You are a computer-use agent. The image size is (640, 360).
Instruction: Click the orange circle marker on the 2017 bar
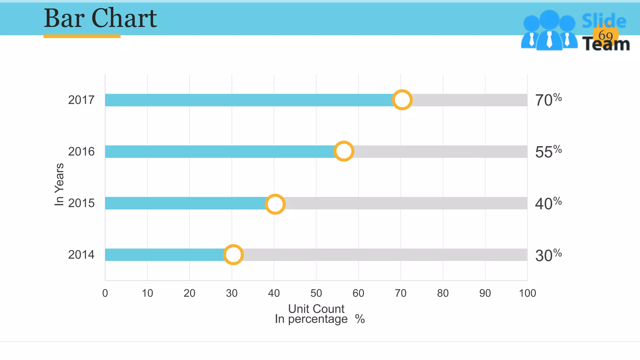pyautogui.click(x=402, y=100)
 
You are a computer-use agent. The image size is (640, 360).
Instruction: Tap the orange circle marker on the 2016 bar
pyautogui.click(x=344, y=151)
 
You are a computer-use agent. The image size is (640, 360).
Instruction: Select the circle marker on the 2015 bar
pyautogui.click(x=275, y=204)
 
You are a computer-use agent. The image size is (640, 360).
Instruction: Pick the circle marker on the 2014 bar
pyautogui.click(x=233, y=254)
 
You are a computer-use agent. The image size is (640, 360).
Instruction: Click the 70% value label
pyautogui.click(x=548, y=100)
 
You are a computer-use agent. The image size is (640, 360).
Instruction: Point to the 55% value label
pyautogui.click(x=548, y=152)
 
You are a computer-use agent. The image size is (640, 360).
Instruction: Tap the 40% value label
pyautogui.click(x=548, y=203)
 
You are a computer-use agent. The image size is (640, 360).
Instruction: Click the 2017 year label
pyautogui.click(x=81, y=100)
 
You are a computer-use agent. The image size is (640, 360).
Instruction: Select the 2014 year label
pyautogui.click(x=81, y=255)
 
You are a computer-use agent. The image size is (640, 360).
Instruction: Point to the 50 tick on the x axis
pyautogui.click(x=316, y=293)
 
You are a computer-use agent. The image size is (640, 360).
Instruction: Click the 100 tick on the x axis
pyautogui.click(x=527, y=293)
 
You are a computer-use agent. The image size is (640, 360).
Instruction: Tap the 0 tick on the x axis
pyautogui.click(x=105, y=293)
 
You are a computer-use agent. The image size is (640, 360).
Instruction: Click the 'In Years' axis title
pyautogui.click(x=59, y=184)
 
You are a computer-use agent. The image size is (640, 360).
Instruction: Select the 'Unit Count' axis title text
pyautogui.click(x=316, y=309)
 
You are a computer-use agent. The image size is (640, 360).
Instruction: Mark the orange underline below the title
pyautogui.click(x=82, y=36)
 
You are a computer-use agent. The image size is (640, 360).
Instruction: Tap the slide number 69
pyautogui.click(x=605, y=35)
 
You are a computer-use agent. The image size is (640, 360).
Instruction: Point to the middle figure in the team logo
pyautogui.click(x=549, y=31)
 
